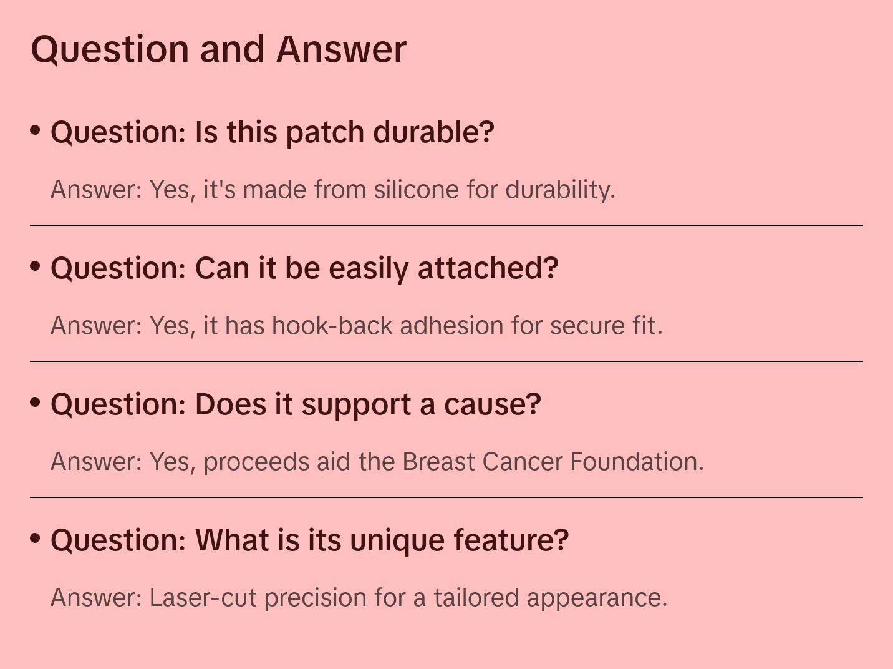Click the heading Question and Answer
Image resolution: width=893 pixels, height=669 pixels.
point(218,50)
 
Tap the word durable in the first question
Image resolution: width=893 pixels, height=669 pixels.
point(433,132)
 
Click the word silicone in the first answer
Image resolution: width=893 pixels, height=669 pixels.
point(417,190)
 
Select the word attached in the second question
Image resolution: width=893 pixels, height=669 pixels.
point(488,268)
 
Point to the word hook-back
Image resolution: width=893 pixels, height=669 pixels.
point(332,326)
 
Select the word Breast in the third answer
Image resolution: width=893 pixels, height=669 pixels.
point(438,461)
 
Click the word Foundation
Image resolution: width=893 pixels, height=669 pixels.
point(637,461)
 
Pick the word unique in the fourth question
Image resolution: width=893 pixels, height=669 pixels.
point(397,540)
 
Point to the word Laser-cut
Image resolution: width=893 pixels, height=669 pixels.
point(203,597)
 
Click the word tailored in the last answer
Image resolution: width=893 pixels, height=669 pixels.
point(476,597)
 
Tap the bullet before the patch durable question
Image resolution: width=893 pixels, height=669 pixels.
point(36,130)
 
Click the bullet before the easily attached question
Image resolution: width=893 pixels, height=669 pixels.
point(36,266)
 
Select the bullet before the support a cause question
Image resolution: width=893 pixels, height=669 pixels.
point(36,403)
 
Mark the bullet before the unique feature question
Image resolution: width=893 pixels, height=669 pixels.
point(36,539)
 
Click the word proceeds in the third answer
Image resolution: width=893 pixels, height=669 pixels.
point(256,462)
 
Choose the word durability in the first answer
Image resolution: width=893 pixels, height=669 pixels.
point(560,190)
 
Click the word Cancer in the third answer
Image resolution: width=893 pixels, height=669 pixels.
point(523,461)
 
